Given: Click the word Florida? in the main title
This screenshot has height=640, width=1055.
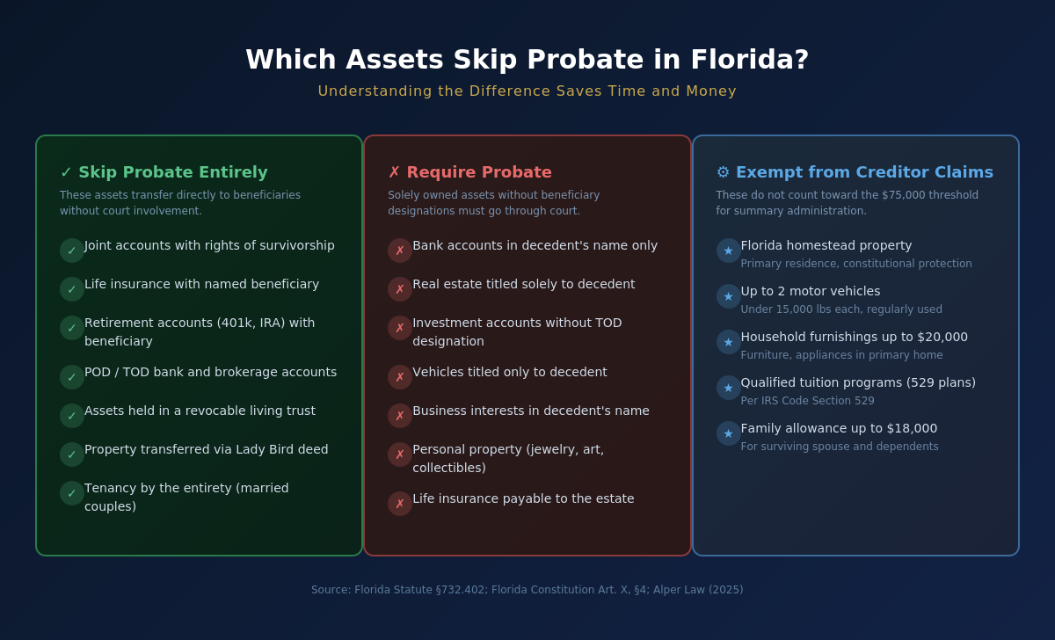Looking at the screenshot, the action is [x=750, y=60].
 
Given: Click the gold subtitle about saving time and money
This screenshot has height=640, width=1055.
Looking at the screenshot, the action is [x=527, y=91].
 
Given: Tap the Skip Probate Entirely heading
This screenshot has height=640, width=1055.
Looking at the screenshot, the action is [x=173, y=172].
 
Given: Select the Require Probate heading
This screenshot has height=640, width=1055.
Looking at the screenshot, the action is [x=479, y=172].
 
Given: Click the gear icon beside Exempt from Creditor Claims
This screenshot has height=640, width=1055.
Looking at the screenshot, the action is [x=723, y=172].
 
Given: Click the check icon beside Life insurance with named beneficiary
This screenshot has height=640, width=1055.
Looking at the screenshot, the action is [x=72, y=289].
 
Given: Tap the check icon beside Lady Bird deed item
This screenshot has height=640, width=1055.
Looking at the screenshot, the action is [x=72, y=455].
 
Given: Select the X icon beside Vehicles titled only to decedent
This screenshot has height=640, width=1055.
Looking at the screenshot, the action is [x=400, y=377].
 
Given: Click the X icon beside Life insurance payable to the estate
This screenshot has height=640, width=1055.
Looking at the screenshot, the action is [x=400, y=504].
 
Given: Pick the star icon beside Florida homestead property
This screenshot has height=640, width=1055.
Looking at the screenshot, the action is [x=729, y=251].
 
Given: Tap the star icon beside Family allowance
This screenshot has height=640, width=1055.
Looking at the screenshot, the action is [x=729, y=433].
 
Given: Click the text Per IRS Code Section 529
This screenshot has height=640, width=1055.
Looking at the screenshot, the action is [x=807, y=401].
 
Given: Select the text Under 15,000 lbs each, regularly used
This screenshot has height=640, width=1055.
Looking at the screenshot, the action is [x=841, y=309].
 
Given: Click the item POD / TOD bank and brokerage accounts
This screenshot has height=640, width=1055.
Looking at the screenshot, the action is [x=210, y=373].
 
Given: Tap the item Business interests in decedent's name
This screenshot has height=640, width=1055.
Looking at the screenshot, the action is [x=531, y=411].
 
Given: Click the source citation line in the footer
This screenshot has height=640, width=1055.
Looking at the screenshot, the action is [x=527, y=590].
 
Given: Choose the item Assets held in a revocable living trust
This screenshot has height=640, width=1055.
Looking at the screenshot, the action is [x=200, y=411].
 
